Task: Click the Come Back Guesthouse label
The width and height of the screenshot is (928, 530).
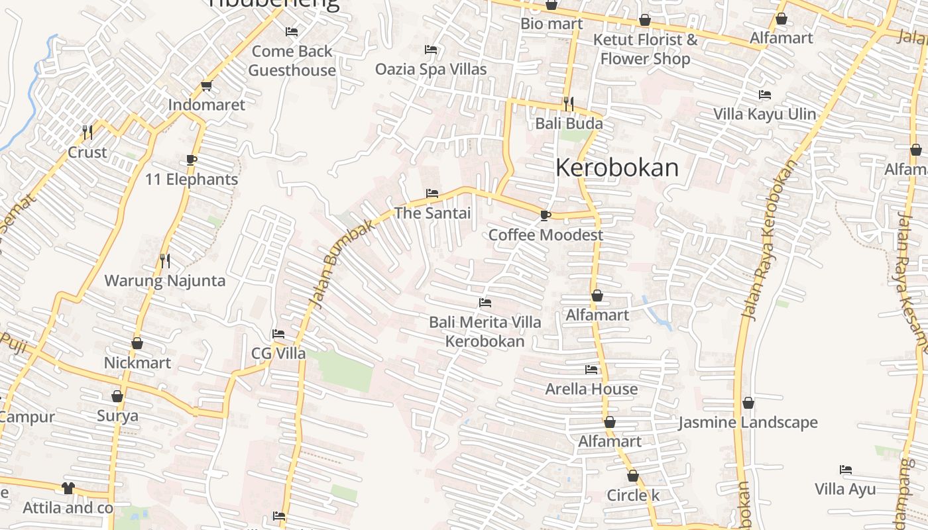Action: tap(292, 60)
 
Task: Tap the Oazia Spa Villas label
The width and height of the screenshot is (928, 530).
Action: tap(431, 69)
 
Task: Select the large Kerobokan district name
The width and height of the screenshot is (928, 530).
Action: tap(617, 168)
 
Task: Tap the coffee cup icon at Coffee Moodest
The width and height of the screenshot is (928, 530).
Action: tap(545, 215)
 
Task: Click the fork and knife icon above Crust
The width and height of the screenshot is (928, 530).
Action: tap(87, 132)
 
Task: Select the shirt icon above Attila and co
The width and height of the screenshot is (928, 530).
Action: tap(68, 488)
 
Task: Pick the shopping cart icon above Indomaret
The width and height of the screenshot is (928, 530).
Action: tap(206, 85)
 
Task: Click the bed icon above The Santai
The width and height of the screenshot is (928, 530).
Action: tap(432, 193)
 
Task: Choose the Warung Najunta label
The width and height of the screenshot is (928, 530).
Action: tap(165, 280)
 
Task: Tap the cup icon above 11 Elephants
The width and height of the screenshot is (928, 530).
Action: tap(192, 160)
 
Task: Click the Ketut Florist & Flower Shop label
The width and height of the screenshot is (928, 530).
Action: tap(645, 49)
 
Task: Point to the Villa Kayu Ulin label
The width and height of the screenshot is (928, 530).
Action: tap(765, 114)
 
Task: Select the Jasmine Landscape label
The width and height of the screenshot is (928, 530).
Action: tap(748, 422)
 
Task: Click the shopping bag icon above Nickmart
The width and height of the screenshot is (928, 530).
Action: tap(137, 343)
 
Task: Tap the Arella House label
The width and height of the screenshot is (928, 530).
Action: tap(591, 389)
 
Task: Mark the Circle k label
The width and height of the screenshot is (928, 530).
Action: tap(633, 495)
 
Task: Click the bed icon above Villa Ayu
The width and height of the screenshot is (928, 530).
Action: tap(845, 470)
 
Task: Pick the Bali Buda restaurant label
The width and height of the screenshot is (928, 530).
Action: tap(569, 123)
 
